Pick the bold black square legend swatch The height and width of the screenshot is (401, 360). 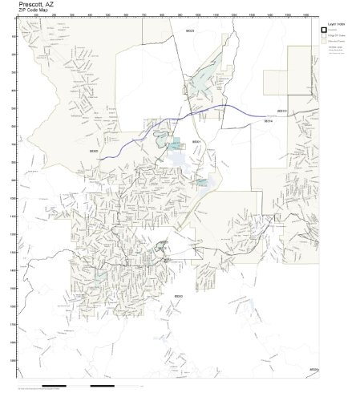tap(324, 31)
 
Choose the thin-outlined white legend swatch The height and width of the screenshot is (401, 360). tap(324, 37)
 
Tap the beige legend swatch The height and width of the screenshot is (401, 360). tap(324, 43)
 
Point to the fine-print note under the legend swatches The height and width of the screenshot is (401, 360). tap(335, 51)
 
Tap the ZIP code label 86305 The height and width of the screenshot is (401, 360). tap(94, 150)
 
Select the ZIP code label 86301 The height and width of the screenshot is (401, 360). tap(196, 142)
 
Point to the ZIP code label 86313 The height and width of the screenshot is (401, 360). tap(282, 111)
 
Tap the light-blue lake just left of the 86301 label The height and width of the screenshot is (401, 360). tap(176, 144)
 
